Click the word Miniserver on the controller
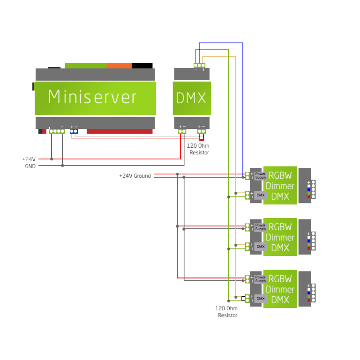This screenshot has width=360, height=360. coord(92,97)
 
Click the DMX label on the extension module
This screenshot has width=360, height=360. coord(191,98)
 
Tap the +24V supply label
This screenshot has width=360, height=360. coord(29,159)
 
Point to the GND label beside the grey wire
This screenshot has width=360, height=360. coord(30,166)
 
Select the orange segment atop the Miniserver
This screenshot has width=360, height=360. coord(119,66)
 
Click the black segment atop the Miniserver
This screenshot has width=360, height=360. coord(142,66)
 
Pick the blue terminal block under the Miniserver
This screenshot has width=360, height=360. coord(74,131)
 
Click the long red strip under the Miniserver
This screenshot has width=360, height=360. coord(120,132)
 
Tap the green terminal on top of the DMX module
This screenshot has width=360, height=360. coord(199,66)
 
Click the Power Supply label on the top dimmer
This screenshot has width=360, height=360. coord(261,176)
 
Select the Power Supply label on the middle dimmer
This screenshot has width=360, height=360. coord(261,227)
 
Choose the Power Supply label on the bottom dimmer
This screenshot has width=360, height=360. coord(261,279)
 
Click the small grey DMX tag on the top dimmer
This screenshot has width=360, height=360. coord(261,195)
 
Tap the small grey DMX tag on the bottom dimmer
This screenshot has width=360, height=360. coord(261,299)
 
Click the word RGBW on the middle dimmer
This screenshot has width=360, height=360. coord(280,227)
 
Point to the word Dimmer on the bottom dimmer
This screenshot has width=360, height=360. coord(280,289)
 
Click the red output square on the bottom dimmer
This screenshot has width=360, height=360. coord(309,300)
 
